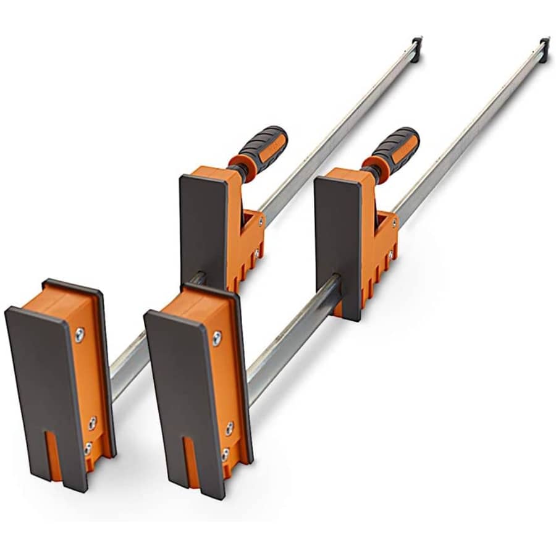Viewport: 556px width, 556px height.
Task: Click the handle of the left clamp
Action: tap(262, 148)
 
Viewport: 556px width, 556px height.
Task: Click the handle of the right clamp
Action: tap(395, 148)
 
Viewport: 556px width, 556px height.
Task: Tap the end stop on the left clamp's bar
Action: tap(417, 47)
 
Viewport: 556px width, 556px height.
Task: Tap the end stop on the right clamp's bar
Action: tap(544, 48)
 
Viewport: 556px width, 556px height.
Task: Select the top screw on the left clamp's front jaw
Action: tap(80, 334)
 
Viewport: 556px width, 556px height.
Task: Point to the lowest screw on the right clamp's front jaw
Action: tap(225, 455)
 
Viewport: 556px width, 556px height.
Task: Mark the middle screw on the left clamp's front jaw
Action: tap(92, 423)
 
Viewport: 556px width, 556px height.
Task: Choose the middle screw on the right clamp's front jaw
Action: tap(229, 429)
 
